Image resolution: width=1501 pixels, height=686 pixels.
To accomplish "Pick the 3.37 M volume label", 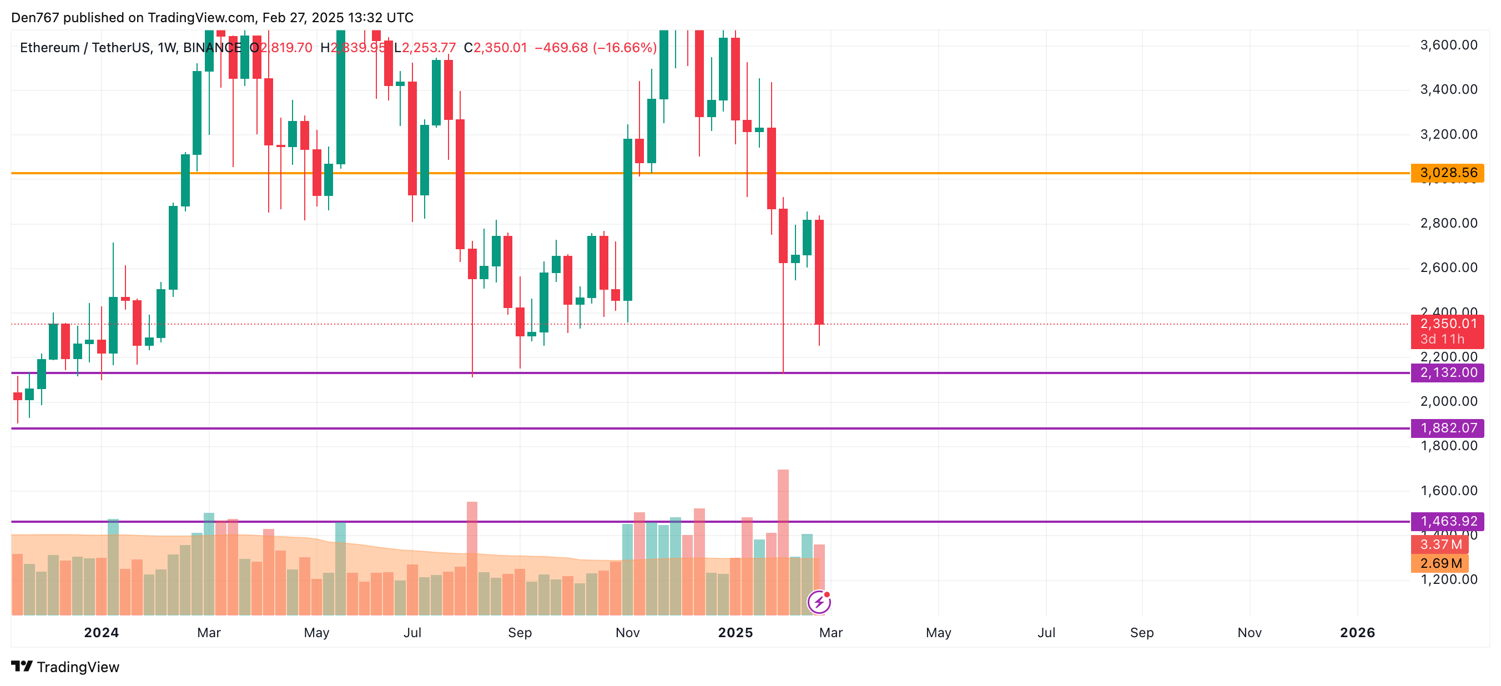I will pyautogui.click(x=1440, y=544).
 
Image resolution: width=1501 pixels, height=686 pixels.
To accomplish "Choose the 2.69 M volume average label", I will pyautogui.click(x=1440, y=563).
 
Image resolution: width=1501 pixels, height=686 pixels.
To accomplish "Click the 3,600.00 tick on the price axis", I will pyautogui.click(x=1449, y=45).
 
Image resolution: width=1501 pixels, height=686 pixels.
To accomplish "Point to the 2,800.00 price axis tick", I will pyautogui.click(x=1449, y=223).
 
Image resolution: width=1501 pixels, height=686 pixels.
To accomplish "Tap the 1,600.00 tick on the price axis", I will pyautogui.click(x=1449, y=491).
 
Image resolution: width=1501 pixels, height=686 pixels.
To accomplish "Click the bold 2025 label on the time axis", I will pyautogui.click(x=736, y=632).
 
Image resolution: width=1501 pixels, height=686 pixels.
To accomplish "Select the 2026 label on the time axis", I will pyautogui.click(x=1357, y=632).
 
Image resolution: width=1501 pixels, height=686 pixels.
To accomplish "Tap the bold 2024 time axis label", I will pyautogui.click(x=102, y=632).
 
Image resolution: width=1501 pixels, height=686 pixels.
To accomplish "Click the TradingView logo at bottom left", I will pyautogui.click(x=66, y=667).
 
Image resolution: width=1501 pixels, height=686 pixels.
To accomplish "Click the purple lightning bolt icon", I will pyautogui.click(x=819, y=602).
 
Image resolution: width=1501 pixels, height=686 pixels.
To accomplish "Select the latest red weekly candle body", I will pyautogui.click(x=819, y=272).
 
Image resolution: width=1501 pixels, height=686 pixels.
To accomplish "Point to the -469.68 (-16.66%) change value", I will pyautogui.click(x=596, y=48).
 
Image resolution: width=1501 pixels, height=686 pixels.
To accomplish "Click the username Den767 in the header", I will pyautogui.click(x=35, y=18).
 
